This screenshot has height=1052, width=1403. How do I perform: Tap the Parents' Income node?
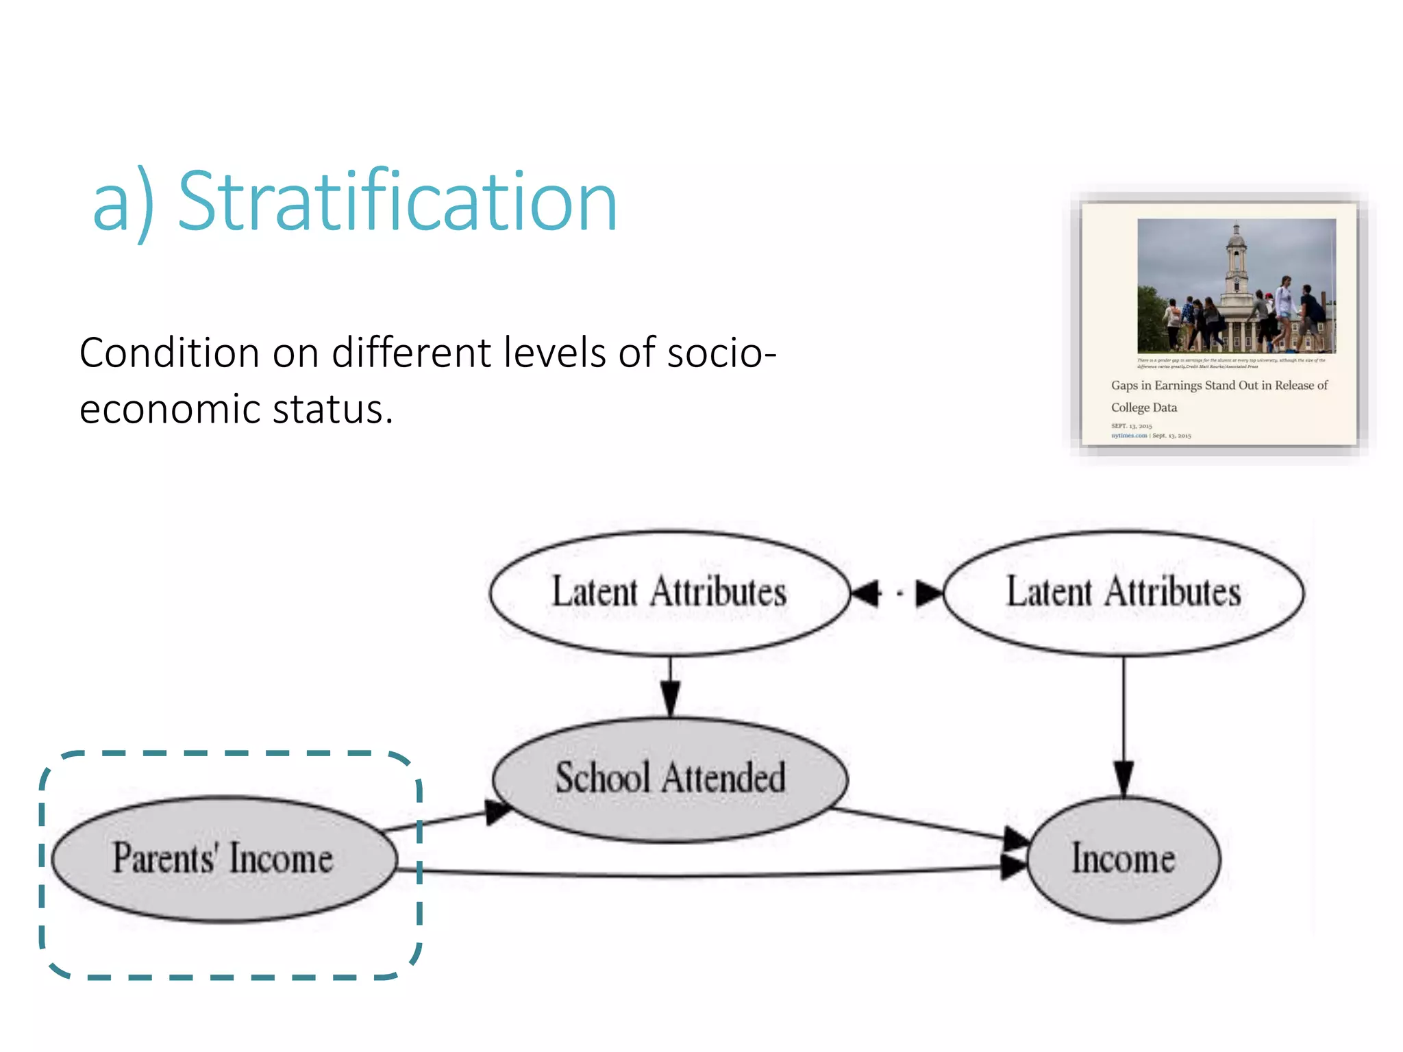pyautogui.click(x=224, y=858)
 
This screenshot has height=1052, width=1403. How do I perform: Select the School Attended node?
pyautogui.click(x=670, y=779)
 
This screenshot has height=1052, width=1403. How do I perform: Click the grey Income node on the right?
pyautogui.click(x=1123, y=859)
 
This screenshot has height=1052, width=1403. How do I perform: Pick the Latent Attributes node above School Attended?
pyautogui.click(x=669, y=592)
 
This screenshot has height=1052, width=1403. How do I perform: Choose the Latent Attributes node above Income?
pyautogui.click(x=1123, y=592)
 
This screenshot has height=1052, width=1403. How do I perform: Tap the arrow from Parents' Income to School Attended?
pyautogui.click(x=445, y=820)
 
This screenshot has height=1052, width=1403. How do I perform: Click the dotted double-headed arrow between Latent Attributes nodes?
pyautogui.click(x=897, y=593)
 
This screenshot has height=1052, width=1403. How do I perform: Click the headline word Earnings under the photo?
pyautogui.click(x=1178, y=386)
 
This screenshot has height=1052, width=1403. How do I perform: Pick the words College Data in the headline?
pyautogui.click(x=1143, y=408)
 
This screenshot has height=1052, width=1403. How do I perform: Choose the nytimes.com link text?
pyautogui.click(x=1128, y=436)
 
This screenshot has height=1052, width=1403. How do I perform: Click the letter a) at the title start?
pyautogui.click(x=123, y=203)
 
